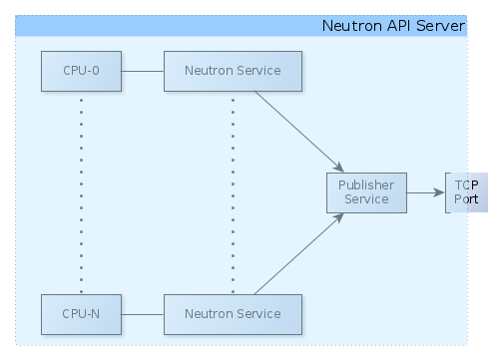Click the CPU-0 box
81,72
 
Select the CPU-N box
81,314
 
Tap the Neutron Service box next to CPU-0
233,72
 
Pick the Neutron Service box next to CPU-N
233,314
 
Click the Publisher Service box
366,192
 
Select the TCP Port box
465,192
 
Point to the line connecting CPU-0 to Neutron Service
142,72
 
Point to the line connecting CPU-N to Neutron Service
142,314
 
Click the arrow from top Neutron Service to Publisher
299,130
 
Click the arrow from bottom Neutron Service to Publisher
299,254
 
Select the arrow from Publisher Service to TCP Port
426,192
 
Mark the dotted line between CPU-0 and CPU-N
81,194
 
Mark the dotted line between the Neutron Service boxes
233,194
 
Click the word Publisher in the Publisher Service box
366,185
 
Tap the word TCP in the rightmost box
466,185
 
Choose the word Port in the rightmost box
466,199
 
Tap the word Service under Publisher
366,199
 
